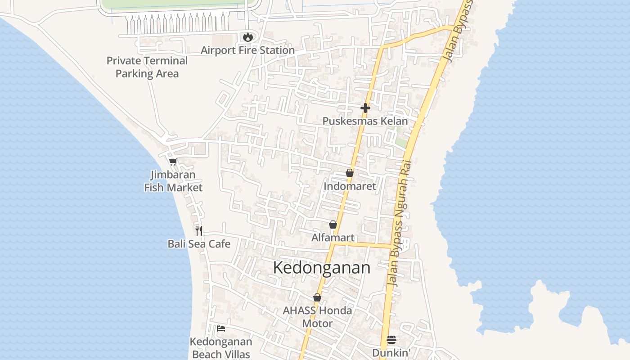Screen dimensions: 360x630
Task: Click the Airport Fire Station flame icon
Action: click(247, 37)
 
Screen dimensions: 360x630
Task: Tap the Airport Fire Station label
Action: click(247, 50)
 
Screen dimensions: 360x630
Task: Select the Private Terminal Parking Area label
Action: click(147, 67)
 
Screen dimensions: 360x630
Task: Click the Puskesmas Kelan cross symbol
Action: click(365, 108)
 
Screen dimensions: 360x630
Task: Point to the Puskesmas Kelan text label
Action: click(365, 121)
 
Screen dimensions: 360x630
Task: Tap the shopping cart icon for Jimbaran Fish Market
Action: click(173, 162)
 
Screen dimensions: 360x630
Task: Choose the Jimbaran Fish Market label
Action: click(173, 181)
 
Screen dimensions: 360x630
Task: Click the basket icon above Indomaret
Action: click(350, 173)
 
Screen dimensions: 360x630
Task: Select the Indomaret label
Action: click(350, 186)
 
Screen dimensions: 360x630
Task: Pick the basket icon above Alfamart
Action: click(333, 225)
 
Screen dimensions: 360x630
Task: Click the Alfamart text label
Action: click(333, 238)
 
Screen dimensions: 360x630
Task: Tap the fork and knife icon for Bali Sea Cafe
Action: click(199, 231)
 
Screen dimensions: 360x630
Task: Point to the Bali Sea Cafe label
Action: click(199, 244)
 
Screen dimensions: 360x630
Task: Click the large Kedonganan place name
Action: click(322, 268)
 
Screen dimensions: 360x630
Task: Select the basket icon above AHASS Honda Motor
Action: click(317, 297)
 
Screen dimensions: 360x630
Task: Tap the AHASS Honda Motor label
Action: click(317, 317)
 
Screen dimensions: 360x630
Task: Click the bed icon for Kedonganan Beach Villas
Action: click(221, 328)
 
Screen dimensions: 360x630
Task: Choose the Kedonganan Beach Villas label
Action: click(221, 348)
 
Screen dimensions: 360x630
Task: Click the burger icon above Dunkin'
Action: click(391, 340)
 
